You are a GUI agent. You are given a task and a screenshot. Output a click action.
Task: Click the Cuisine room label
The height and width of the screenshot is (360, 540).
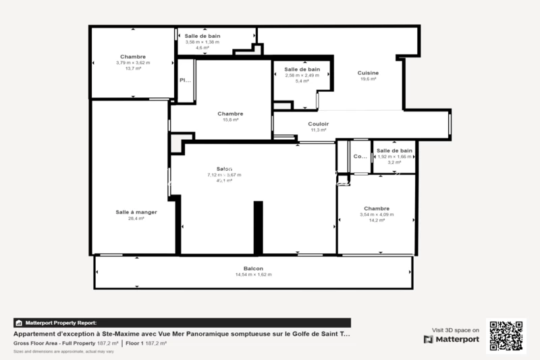(x=369, y=73)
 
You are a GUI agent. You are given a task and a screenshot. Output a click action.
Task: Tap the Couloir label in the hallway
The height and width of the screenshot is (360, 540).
(x=318, y=124)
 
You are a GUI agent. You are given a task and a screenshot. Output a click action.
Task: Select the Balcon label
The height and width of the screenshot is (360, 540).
(x=254, y=269)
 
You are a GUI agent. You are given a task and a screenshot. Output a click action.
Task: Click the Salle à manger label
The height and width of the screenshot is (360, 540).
(x=136, y=212)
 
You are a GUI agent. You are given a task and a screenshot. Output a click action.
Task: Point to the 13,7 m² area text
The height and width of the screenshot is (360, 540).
(x=133, y=68)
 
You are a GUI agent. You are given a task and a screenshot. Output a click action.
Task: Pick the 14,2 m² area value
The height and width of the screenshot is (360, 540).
(x=377, y=220)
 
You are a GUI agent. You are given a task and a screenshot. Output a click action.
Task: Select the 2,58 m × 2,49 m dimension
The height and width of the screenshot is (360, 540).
(x=302, y=75)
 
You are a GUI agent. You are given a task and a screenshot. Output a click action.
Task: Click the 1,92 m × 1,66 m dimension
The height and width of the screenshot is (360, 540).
(x=394, y=157)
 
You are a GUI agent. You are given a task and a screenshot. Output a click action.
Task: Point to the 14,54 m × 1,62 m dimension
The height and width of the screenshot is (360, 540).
(x=254, y=275)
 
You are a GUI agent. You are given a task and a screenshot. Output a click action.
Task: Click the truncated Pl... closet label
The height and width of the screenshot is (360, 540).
(x=185, y=80)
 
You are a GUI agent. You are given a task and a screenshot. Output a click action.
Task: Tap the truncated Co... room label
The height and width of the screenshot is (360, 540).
(x=360, y=157)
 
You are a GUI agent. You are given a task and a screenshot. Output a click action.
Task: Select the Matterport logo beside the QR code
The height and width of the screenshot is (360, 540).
(x=452, y=339)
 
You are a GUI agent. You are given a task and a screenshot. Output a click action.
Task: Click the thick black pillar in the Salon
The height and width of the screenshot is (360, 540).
(x=257, y=228)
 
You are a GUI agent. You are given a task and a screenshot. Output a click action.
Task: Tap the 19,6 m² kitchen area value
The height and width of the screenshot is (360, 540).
(x=369, y=79)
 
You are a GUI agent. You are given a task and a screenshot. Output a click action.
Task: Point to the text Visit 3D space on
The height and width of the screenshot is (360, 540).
(x=456, y=330)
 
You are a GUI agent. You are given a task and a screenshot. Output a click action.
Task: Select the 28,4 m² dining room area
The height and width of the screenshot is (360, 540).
(x=136, y=219)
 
